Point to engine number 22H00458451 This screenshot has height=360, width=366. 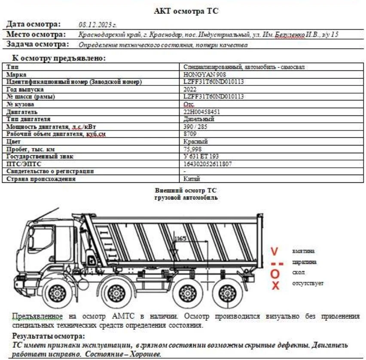pos(202,112)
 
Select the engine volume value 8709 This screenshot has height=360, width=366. pos(190,134)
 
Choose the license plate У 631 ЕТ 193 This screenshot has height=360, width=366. pos(201,156)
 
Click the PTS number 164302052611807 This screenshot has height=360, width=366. pos(208,164)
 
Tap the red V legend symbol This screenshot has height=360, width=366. pos(275,251)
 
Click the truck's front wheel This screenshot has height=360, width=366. pos(56,294)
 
